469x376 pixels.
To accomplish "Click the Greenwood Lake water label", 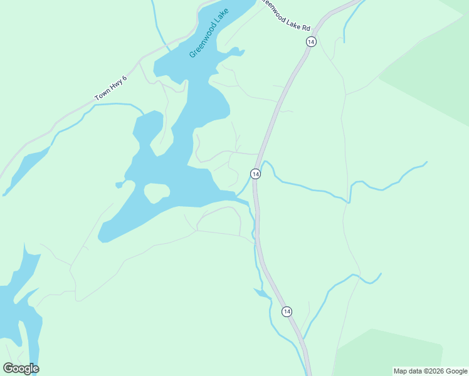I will coord(207,38).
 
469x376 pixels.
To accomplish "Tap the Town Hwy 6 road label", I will coord(111,88).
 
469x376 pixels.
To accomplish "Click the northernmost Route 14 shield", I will coord(311,41).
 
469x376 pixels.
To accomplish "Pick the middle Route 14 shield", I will coord(255,174).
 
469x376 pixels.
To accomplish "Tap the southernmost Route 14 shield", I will coord(287,311).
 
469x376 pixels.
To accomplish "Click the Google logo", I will coord(21,368).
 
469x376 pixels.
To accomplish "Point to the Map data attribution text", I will coord(430,371).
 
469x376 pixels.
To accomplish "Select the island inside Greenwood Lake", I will coord(157,192).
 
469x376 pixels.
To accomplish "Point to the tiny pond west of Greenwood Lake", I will coord(119,185).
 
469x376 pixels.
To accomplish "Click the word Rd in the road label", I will coord(305,28).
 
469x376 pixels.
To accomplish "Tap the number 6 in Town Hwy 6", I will coord(124,78).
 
